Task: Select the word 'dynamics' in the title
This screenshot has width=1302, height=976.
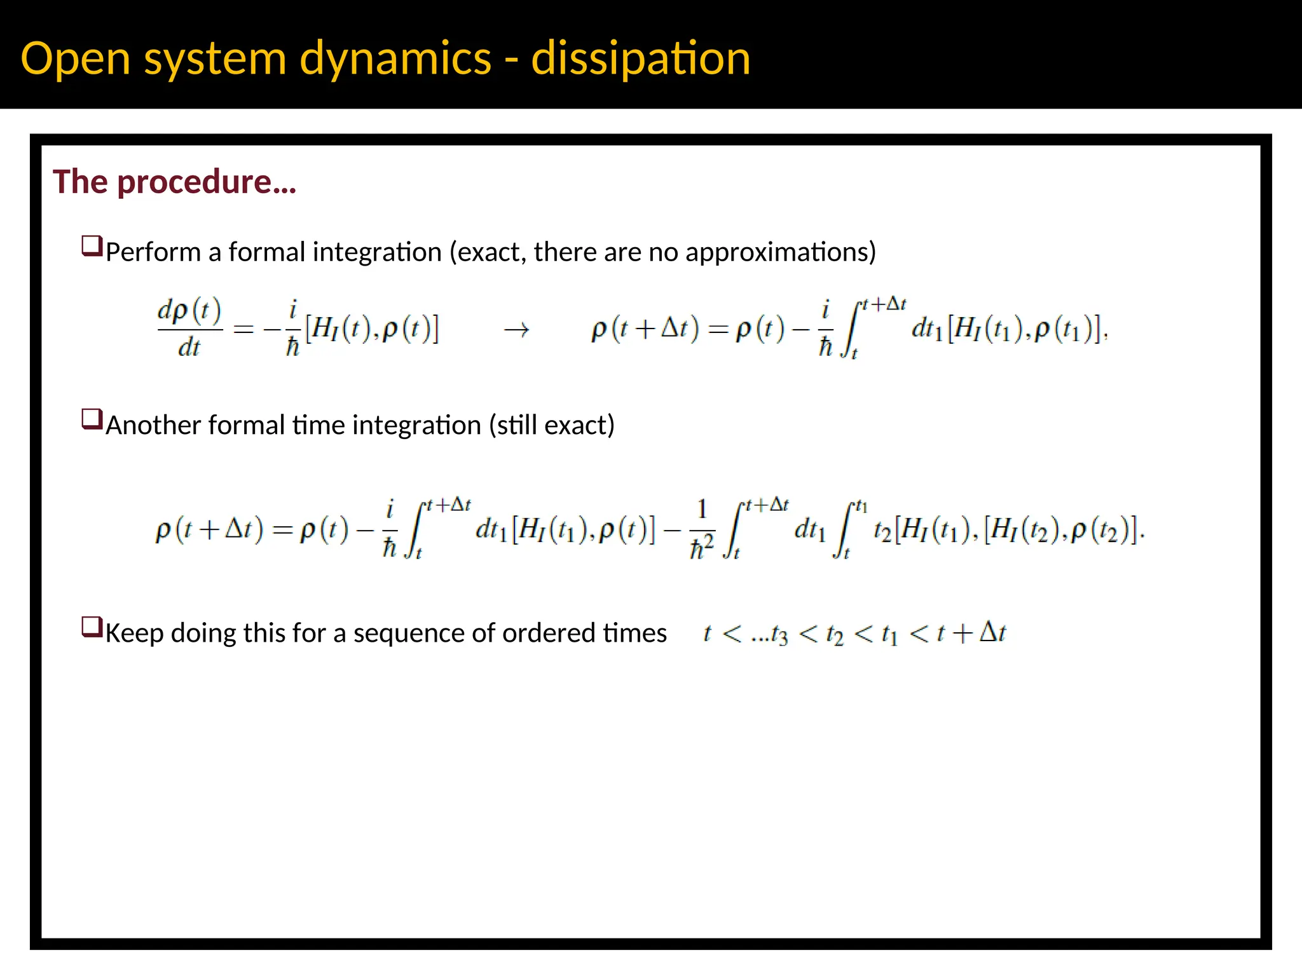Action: (395, 58)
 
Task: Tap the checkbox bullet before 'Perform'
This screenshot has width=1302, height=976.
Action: (92, 246)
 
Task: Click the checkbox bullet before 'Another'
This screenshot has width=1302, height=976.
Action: (92, 419)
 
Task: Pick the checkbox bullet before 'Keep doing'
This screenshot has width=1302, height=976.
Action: (92, 627)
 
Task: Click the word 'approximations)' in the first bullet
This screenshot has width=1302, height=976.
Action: (781, 252)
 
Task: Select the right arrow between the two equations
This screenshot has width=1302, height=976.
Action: (516, 330)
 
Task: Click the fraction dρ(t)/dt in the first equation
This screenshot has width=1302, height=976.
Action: (189, 329)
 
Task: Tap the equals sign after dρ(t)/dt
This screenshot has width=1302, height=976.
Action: (243, 330)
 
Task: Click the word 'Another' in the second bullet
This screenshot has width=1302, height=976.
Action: (153, 425)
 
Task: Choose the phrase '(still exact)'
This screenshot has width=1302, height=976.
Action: (552, 425)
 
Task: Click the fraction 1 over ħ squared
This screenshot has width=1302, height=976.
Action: (702, 529)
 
